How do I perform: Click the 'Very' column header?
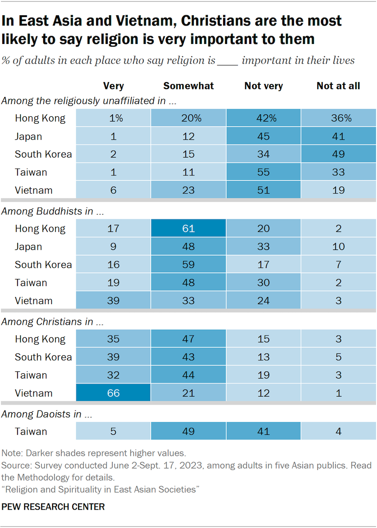tap(113, 86)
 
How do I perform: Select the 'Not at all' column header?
tap(338, 86)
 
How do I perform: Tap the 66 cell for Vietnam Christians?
tap(113, 393)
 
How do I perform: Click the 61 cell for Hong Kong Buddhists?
tap(188, 228)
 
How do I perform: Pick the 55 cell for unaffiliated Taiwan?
tap(263, 172)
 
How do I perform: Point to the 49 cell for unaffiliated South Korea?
tap(338, 154)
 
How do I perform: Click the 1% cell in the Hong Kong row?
tap(113, 118)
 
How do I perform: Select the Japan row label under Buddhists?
tap(28, 246)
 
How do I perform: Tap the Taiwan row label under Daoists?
tap(31, 432)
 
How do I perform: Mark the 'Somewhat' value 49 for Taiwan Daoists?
tap(188, 432)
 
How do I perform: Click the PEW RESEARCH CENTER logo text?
tap(53, 507)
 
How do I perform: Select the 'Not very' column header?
tap(263, 86)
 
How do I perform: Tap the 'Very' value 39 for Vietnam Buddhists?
tap(113, 301)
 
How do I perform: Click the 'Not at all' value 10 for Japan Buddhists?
tap(338, 246)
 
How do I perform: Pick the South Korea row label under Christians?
tap(43, 357)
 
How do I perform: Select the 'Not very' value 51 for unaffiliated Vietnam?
tap(263, 190)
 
